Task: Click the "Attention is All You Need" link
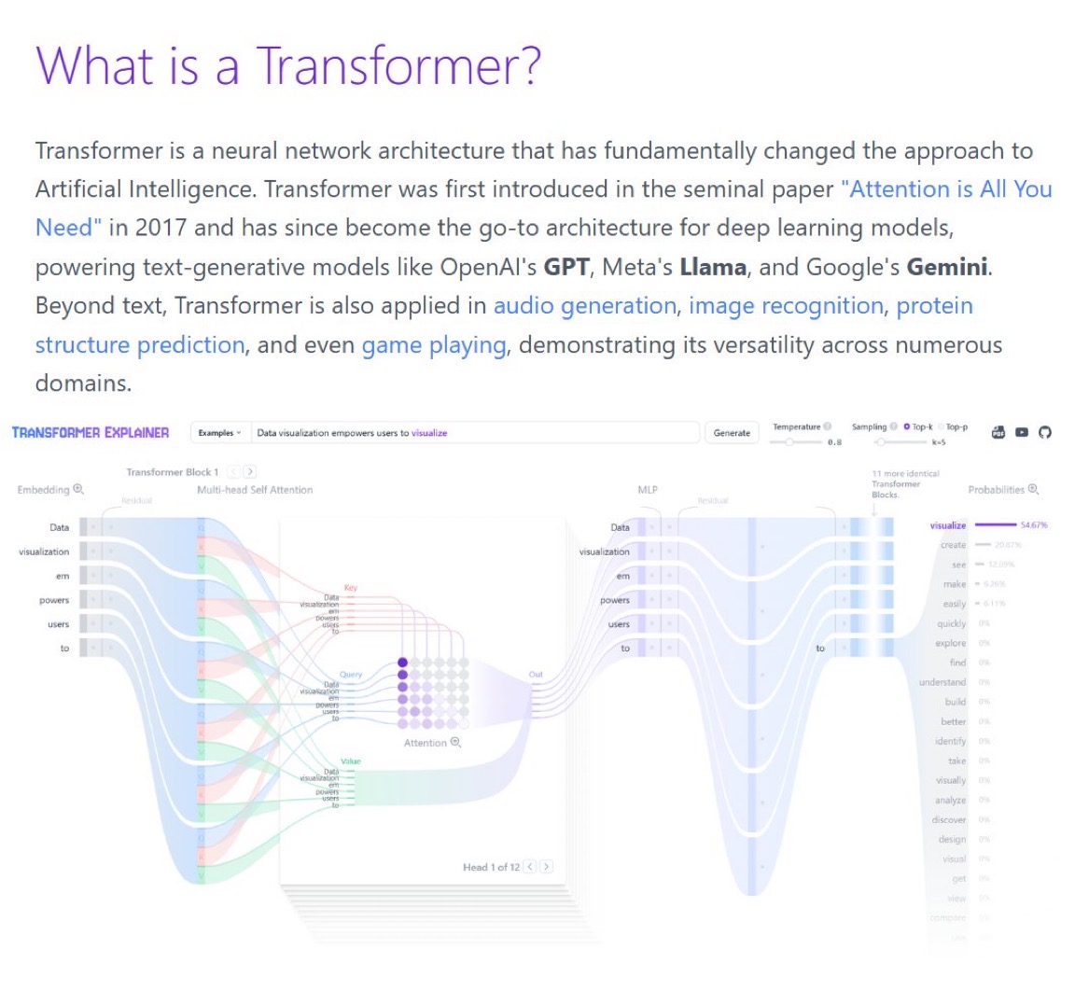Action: pos(945,189)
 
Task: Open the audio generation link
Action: pos(584,306)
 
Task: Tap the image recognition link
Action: pos(786,306)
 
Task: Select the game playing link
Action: pos(434,345)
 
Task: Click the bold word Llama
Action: pos(713,267)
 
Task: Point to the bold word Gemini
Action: pos(947,267)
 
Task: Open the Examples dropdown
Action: pos(219,433)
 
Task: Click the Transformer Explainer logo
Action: pos(91,433)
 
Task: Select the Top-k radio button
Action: pos(907,426)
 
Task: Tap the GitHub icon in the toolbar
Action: pos(1045,433)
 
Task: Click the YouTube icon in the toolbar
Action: pos(1022,433)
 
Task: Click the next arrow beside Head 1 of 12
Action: pos(547,867)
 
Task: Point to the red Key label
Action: pos(350,588)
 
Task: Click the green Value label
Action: pos(350,761)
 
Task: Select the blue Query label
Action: pos(351,675)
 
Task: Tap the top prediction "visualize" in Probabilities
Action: pos(948,525)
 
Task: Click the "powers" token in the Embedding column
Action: pos(54,600)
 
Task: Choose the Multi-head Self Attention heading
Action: pos(255,490)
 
